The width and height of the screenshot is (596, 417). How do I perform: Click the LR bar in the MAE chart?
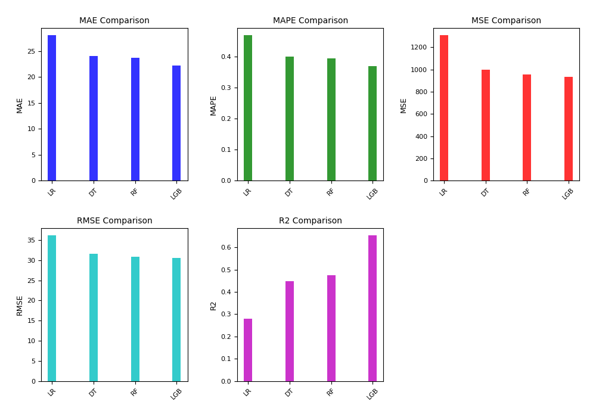pyautogui.click(x=52, y=108)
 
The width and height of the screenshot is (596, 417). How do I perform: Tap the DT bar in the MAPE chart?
pyautogui.click(x=290, y=119)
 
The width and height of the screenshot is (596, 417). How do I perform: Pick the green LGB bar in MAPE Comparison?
pyautogui.click(x=372, y=123)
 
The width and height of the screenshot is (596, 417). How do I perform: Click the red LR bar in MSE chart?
pyautogui.click(x=444, y=108)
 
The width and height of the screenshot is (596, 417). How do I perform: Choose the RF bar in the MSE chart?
pyautogui.click(x=527, y=127)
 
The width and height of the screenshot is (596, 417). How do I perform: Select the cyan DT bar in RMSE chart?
pyautogui.click(x=94, y=318)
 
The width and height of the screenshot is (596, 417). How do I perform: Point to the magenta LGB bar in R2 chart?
pyautogui.click(x=372, y=308)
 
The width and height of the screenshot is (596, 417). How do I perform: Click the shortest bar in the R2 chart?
pyautogui.click(x=248, y=350)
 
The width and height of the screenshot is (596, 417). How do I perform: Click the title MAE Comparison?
pyautogui.click(x=114, y=21)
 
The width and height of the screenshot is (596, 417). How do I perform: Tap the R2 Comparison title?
pyautogui.click(x=311, y=221)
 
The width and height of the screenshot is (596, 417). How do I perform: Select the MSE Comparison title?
pyautogui.click(x=506, y=21)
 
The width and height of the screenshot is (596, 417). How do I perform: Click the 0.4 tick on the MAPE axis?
pyautogui.click(x=226, y=57)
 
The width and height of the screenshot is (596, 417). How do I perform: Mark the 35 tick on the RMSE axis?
pyautogui.click(x=30, y=241)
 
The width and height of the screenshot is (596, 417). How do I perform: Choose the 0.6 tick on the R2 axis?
pyautogui.click(x=226, y=248)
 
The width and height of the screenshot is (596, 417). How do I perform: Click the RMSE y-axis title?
pyautogui.click(x=20, y=305)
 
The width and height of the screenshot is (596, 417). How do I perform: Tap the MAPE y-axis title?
pyautogui.click(x=213, y=105)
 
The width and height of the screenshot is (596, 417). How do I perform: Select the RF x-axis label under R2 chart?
pyautogui.click(x=331, y=392)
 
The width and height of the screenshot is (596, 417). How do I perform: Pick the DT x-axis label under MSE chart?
pyautogui.click(x=485, y=192)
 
